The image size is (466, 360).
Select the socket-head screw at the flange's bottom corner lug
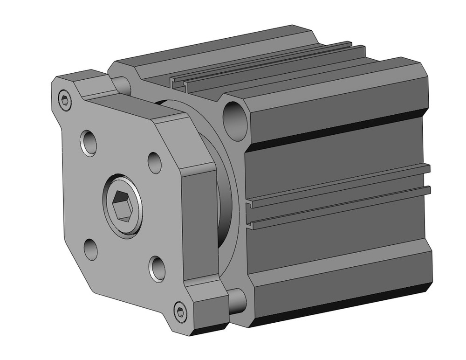click(181, 311)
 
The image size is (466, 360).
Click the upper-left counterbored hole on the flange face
click(88, 143)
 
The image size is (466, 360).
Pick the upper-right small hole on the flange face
click(155, 162)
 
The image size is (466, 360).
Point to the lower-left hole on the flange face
click(91, 248)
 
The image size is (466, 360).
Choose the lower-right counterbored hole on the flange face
click(157, 268)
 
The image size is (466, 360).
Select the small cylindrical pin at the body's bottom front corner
click(237, 300)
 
